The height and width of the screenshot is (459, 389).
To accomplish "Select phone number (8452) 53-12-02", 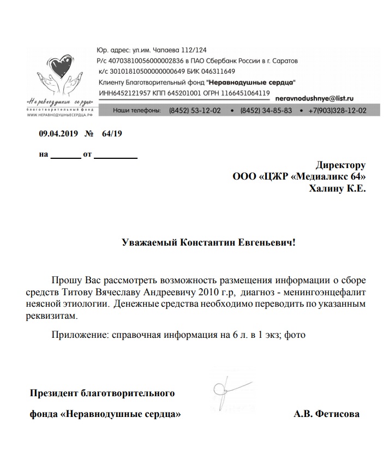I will (195, 111).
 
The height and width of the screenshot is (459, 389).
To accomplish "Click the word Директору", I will (340, 165).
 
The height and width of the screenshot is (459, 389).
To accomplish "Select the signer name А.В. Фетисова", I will (326, 414).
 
